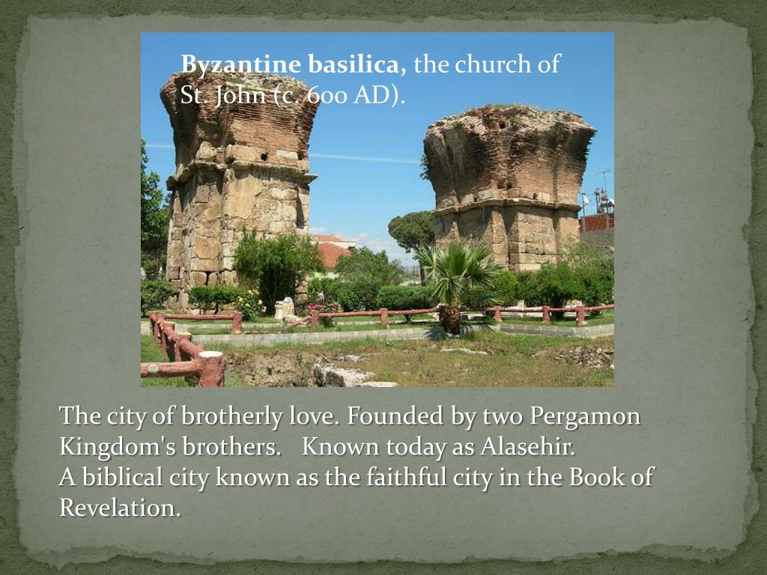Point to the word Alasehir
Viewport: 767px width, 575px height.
pyautogui.click(x=527, y=447)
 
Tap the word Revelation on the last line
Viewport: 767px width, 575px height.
pyautogui.click(x=120, y=508)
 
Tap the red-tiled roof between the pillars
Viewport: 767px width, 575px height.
pyautogui.click(x=332, y=252)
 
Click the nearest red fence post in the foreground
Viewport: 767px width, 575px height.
pyautogui.click(x=211, y=368)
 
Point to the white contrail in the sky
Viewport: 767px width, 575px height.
pyautogui.click(x=367, y=158)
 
